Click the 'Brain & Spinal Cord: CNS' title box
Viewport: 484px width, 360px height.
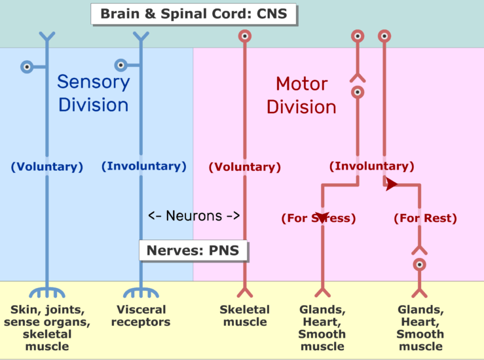pos(193,13)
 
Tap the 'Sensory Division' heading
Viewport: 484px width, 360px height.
pos(93,93)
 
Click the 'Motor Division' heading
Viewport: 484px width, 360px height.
pos(302,95)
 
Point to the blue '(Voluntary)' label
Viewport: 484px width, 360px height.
pos(47,167)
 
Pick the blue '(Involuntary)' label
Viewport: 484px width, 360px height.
pos(143,166)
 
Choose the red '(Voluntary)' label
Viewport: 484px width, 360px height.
pos(244,168)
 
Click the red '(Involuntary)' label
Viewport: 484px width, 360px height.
pos(371,166)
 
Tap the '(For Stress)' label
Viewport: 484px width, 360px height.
pos(318,219)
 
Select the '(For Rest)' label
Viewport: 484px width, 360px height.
pos(425,219)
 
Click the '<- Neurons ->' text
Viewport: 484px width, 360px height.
pos(194,215)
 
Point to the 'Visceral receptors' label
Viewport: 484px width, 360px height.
pos(140,315)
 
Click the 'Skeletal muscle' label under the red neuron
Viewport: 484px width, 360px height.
pos(244,315)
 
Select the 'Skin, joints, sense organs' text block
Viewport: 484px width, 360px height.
pos(47,321)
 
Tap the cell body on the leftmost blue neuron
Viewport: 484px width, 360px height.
pos(26,66)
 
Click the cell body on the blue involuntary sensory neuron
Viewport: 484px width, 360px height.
pos(121,65)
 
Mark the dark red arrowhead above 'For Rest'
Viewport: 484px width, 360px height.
pos(391,185)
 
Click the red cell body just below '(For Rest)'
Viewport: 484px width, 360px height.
pos(419,264)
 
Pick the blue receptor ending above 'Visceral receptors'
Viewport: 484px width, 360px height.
pos(140,291)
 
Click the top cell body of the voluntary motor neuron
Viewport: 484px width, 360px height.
pos(244,37)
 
